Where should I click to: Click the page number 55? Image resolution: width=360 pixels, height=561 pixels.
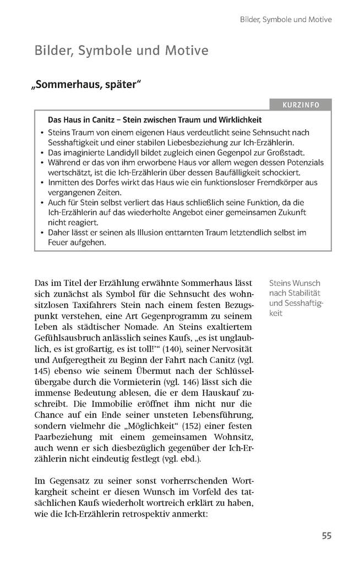point(326,535)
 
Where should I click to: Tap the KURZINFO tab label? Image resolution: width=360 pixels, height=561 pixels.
point(301,105)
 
